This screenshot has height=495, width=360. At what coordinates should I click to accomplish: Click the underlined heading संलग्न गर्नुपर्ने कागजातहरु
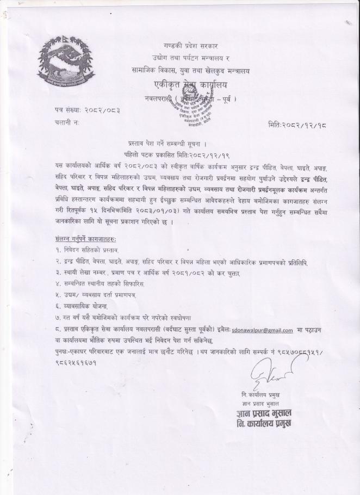85,238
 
